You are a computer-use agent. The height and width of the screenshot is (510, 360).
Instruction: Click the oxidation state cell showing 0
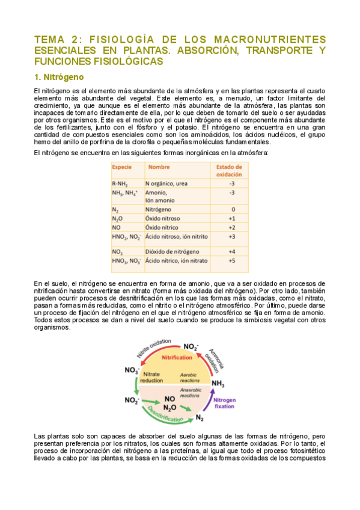(232, 209)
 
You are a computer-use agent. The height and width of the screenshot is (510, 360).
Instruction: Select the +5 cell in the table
(232, 261)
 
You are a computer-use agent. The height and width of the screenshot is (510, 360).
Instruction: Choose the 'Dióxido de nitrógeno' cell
(172, 251)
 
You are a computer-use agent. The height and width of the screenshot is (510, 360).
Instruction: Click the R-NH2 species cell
(120, 183)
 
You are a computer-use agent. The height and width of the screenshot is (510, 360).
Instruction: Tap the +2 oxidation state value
(232, 228)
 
